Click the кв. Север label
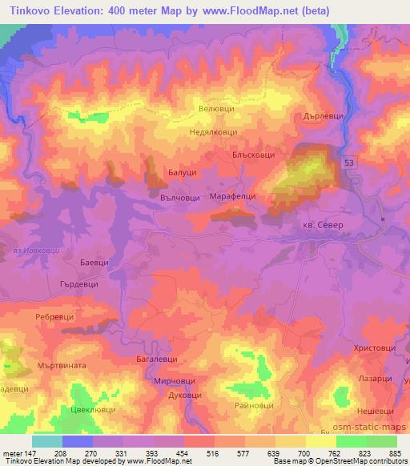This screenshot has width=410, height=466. pyautogui.click(x=321, y=226)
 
